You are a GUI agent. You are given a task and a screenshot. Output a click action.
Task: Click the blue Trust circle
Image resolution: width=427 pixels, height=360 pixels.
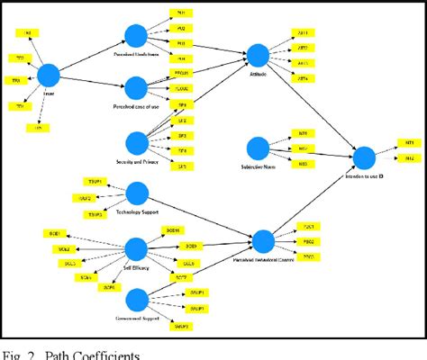pyautogui.click(x=48, y=76)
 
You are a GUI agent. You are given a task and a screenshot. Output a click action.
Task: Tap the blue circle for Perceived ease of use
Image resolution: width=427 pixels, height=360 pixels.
pyautogui.click(x=136, y=88)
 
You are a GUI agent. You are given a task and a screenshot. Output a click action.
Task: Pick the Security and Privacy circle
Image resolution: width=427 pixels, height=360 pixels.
pyautogui.click(x=136, y=142)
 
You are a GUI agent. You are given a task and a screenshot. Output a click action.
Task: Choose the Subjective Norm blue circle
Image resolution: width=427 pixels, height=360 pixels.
pyautogui.click(x=258, y=147)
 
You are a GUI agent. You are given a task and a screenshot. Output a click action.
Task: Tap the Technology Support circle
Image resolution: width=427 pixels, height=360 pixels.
pyautogui.click(x=137, y=193)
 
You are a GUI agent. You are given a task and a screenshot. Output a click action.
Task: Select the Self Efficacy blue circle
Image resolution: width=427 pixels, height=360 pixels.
pyautogui.click(x=136, y=249)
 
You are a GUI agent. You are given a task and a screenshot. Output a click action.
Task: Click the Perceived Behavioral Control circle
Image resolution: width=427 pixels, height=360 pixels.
pyautogui.click(x=262, y=241)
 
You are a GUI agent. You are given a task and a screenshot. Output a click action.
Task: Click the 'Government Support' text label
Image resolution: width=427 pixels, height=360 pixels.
pyautogui.click(x=137, y=318)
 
